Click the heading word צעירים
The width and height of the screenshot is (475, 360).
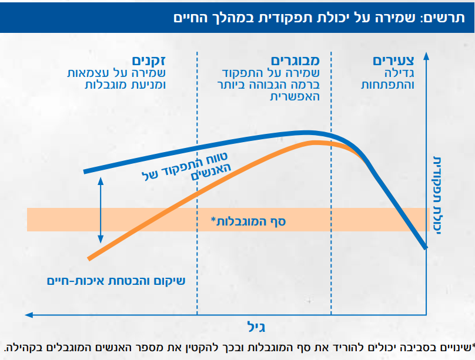(x=393, y=61)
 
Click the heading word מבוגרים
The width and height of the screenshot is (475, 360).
(x=295, y=61)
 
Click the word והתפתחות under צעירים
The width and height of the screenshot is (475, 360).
(x=389, y=85)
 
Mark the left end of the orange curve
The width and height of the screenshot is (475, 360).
(x=88, y=258)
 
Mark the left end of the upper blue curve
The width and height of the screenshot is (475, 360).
(x=86, y=171)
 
